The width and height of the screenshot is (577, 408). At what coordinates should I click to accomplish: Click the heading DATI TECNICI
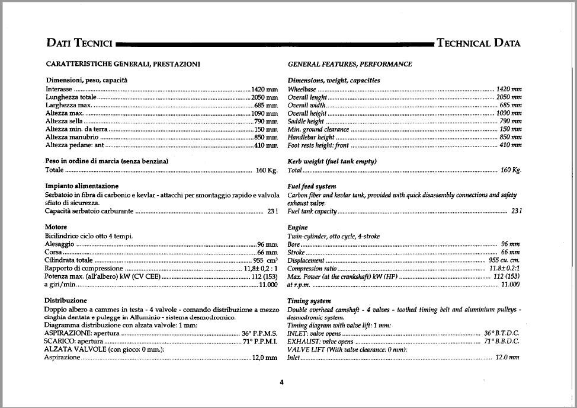click(x=79, y=43)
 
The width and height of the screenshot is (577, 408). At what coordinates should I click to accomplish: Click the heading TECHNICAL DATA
click(x=478, y=43)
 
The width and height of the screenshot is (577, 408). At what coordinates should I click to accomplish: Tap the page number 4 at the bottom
click(x=282, y=382)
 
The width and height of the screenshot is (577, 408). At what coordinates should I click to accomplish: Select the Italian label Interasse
click(x=59, y=88)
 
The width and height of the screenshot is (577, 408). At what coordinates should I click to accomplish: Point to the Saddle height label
click(x=306, y=121)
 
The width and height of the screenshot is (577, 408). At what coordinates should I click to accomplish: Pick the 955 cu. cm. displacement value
click(x=504, y=260)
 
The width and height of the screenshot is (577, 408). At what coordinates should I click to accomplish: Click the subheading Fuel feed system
click(x=312, y=186)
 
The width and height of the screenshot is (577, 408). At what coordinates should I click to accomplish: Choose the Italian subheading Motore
click(x=56, y=227)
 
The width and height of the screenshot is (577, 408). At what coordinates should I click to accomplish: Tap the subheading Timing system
click(x=309, y=301)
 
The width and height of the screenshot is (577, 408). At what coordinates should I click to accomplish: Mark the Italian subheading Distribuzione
click(x=65, y=301)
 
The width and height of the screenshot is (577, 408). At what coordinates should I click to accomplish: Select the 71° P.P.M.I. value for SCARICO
click(x=259, y=342)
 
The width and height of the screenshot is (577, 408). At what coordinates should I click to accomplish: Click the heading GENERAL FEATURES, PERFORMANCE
click(x=350, y=64)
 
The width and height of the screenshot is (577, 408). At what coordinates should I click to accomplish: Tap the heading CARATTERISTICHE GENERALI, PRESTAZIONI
click(x=123, y=64)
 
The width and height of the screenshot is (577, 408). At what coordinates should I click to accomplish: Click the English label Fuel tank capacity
click(x=312, y=211)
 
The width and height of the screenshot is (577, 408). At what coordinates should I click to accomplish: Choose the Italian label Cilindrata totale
click(x=69, y=260)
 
